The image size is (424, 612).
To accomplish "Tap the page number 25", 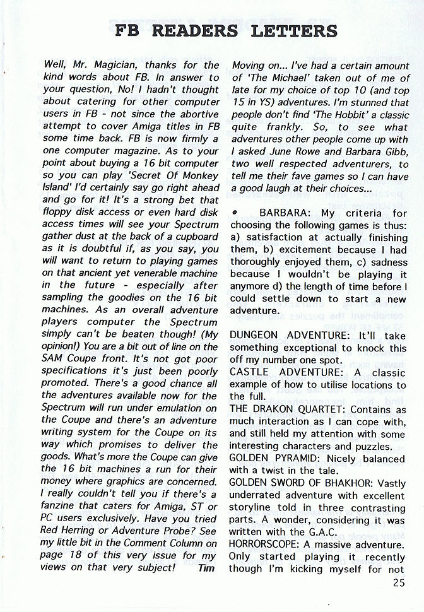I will (x=398, y=583).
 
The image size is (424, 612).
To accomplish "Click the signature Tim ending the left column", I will (x=206, y=568).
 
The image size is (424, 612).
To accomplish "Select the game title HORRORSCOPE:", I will (x=262, y=544).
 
